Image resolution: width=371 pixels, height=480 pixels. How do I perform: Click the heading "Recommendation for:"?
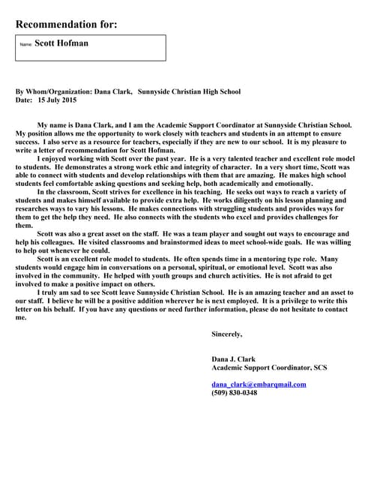click(x=66, y=24)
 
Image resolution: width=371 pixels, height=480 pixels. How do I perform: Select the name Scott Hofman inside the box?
click(x=61, y=43)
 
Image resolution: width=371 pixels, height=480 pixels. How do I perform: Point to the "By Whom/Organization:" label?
click(x=54, y=92)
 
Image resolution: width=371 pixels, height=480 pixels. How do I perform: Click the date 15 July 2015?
click(x=57, y=100)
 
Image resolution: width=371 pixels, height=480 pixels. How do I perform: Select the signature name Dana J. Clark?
click(x=234, y=359)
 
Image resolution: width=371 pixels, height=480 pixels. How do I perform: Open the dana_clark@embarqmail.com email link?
click(x=259, y=384)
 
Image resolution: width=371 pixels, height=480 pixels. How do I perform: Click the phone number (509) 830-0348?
click(x=234, y=392)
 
